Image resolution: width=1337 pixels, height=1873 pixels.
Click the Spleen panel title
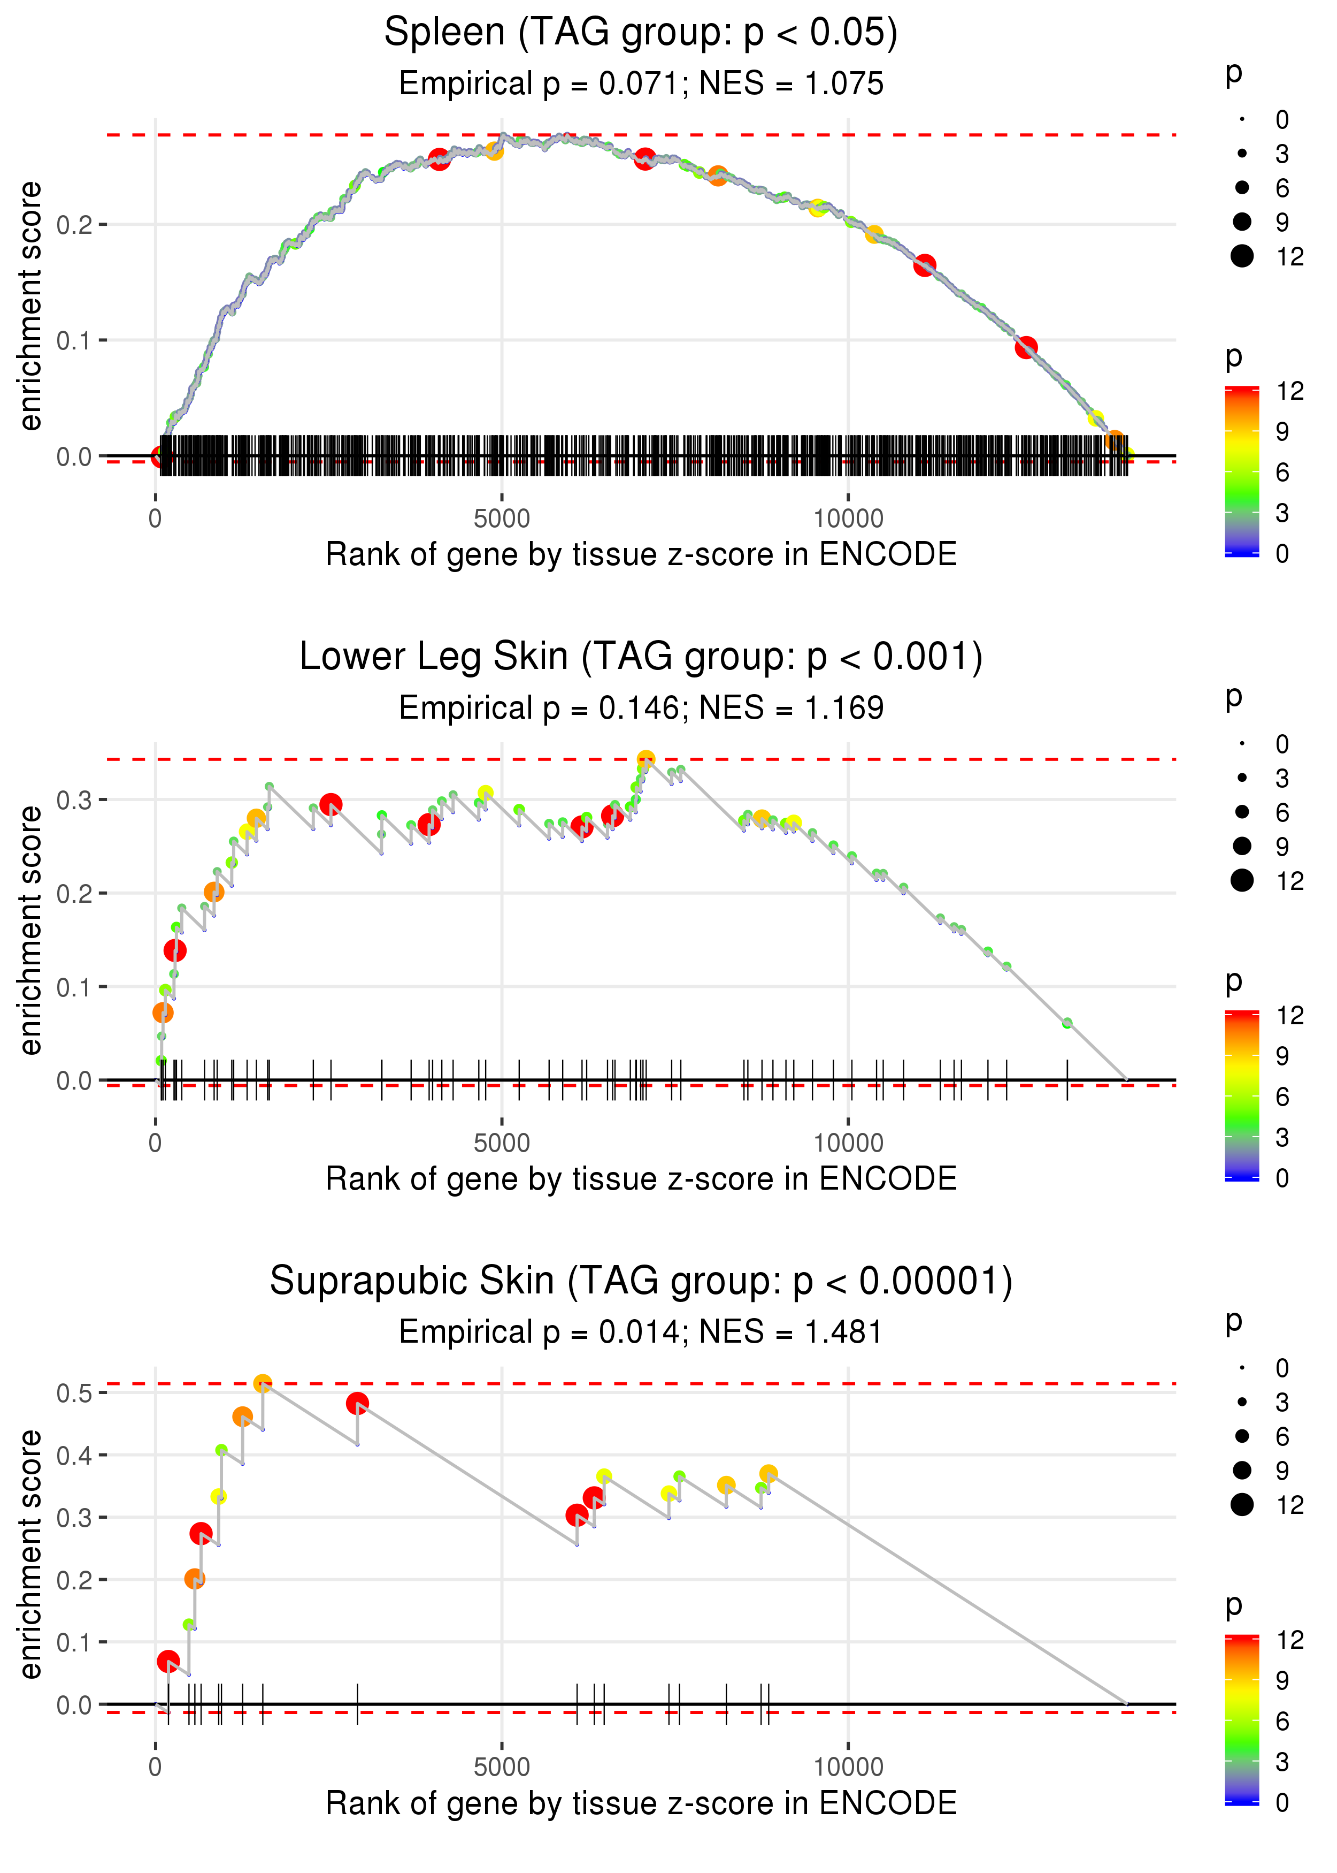(641, 33)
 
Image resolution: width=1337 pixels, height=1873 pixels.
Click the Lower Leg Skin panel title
(641, 657)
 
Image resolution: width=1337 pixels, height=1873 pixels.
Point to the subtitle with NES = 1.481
(641, 1332)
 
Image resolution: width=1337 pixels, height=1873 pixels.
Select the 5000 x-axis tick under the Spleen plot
(502, 519)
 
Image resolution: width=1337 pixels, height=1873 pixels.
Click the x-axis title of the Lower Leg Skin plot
(641, 1179)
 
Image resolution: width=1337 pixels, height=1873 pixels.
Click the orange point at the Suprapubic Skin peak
(263, 1384)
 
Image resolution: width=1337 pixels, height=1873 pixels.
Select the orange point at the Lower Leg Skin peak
(646, 759)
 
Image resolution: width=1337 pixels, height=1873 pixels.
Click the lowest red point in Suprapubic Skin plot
(168, 1661)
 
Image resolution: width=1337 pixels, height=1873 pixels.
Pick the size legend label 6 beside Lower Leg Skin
(1282, 813)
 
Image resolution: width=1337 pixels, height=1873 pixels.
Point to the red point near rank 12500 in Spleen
(1026, 348)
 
